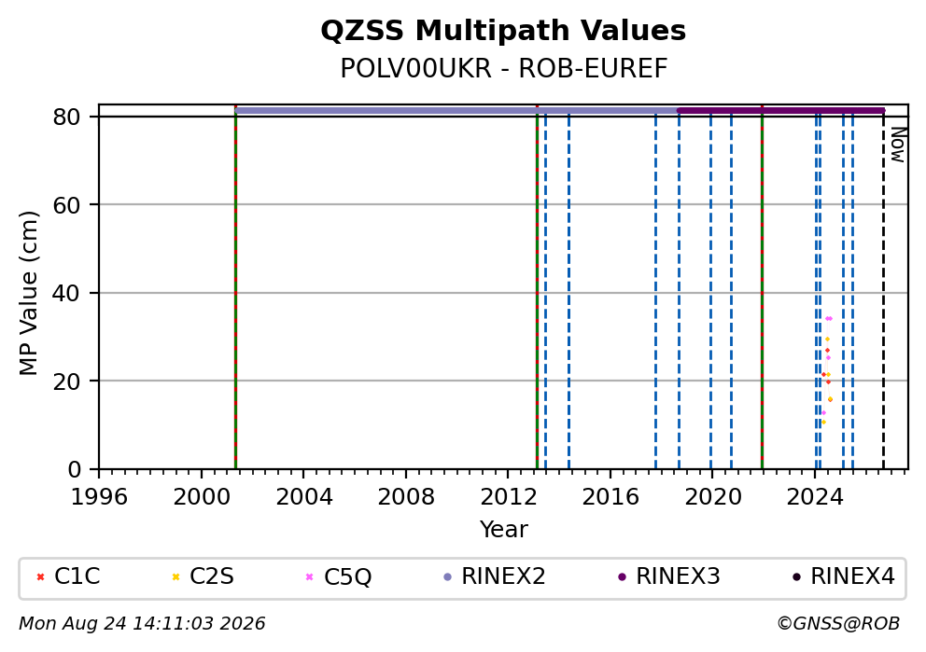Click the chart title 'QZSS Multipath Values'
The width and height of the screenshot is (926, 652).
pyautogui.click(x=503, y=31)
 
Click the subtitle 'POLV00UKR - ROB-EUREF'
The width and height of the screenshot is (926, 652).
pyautogui.click(x=504, y=69)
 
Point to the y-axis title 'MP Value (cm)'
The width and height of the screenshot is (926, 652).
pyautogui.click(x=28, y=293)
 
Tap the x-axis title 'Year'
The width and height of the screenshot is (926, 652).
pyautogui.click(x=504, y=529)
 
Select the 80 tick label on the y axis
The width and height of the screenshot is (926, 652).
pyautogui.click(x=66, y=117)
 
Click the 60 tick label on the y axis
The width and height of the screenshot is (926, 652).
pyautogui.click(x=66, y=205)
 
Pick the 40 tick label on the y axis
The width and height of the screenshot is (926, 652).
pyautogui.click(x=66, y=293)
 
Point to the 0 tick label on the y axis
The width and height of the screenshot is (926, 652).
pyautogui.click(x=75, y=470)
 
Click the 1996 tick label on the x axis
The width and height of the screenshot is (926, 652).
pyautogui.click(x=99, y=497)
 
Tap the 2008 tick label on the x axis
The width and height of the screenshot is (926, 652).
pyautogui.click(x=406, y=497)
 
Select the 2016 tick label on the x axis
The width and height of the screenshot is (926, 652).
pyautogui.click(x=610, y=497)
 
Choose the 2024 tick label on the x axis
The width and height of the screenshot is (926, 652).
pyautogui.click(x=814, y=497)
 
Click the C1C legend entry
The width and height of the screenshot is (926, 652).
pyautogui.click(x=68, y=576)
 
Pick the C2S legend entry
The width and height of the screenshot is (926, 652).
pyautogui.click(x=203, y=576)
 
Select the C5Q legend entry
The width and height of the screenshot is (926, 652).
pyautogui.click(x=339, y=576)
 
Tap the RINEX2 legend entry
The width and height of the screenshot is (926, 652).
pyautogui.click(x=495, y=576)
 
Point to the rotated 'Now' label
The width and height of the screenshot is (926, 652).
pyautogui.click(x=898, y=146)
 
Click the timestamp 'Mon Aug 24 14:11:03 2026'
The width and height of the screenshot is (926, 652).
pyautogui.click(x=142, y=624)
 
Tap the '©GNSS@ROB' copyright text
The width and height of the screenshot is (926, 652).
pyautogui.click(x=838, y=624)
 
